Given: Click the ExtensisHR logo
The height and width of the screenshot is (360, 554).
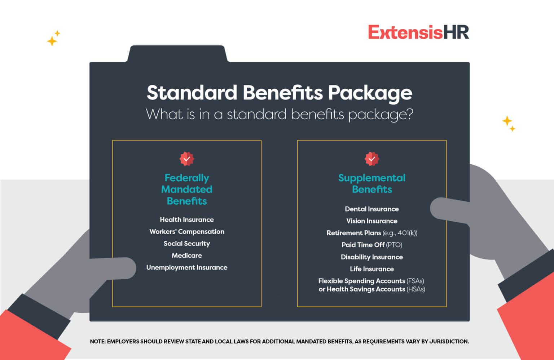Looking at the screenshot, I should point(418,32).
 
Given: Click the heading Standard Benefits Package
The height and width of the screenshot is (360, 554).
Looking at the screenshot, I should point(279,93).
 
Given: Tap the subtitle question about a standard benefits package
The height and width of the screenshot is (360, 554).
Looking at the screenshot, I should point(279,115).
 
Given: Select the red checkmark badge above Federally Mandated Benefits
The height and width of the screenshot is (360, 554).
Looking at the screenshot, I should point(187,159).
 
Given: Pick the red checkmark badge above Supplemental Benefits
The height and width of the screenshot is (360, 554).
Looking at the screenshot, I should point(372,159).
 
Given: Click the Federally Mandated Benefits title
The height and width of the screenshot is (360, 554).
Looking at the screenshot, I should point(187,189).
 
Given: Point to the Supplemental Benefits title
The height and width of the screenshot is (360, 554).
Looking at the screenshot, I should point(372,183).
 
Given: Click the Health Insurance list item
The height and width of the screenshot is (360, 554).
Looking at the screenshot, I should point(187,219).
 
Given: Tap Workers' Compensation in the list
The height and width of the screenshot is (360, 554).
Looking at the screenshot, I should point(187,231).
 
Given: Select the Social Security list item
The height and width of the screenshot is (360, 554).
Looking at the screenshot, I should point(187,244).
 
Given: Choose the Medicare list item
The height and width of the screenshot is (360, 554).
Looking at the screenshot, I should point(187,255).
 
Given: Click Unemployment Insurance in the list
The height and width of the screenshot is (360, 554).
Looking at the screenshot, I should point(187,267).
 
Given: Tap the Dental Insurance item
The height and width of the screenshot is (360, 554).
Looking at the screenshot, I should point(372,209).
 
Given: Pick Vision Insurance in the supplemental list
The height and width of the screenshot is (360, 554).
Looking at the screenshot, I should point(372,221).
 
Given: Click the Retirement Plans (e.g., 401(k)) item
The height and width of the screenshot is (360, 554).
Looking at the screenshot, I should point(372,233).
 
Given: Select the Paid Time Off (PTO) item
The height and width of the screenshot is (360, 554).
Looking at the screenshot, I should point(372,245).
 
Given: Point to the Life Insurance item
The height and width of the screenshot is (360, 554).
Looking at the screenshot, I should point(372,269).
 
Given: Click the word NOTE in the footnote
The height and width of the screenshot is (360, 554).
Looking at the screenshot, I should point(97,341).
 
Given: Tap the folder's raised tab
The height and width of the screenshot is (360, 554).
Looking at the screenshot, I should point(177,54).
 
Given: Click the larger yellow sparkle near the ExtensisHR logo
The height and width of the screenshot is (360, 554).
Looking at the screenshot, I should point(507,121).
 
